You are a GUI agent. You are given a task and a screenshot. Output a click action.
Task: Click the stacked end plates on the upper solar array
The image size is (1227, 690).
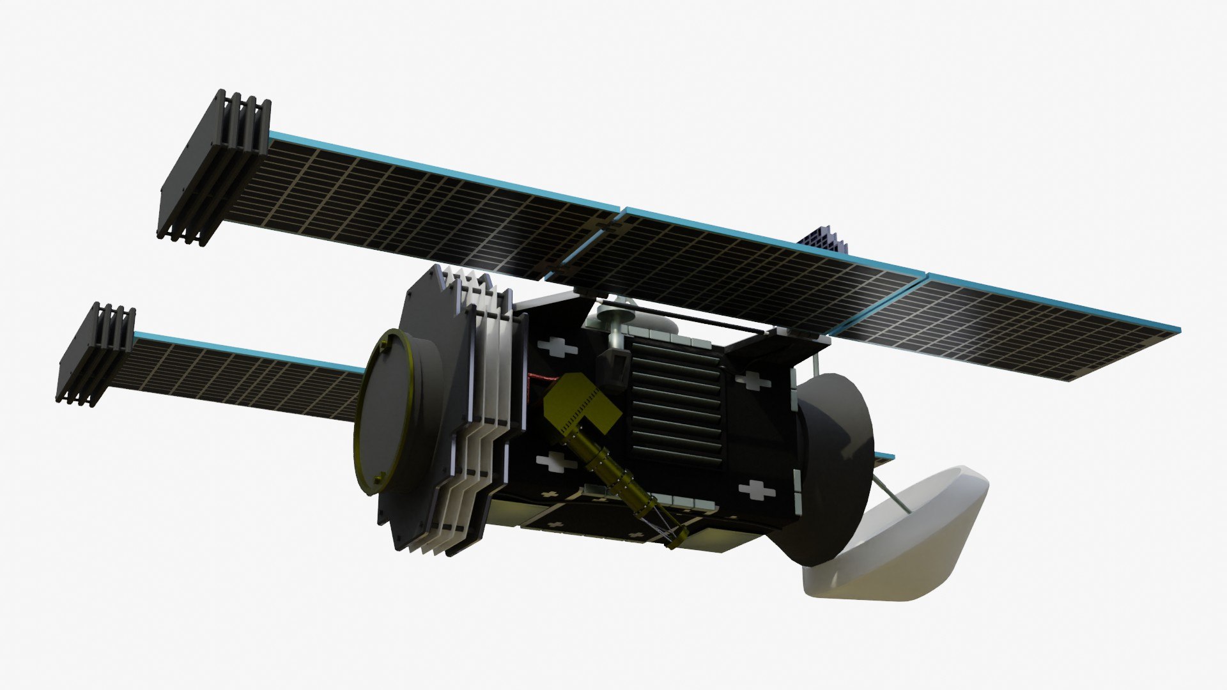coord(214,169)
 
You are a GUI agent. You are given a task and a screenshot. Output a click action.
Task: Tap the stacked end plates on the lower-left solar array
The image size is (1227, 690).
coord(96,355)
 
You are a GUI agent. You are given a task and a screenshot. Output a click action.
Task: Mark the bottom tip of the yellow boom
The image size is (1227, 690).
coord(674,543)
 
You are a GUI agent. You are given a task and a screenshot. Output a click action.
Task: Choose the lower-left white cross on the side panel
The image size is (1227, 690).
coord(553,461)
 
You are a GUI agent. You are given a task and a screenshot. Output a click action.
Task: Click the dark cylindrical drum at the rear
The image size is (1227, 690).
coord(831,466)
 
